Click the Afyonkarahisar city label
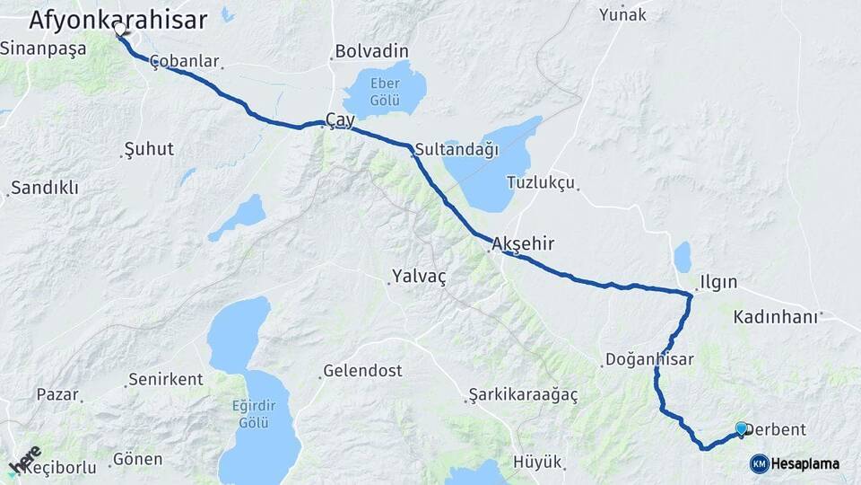pyautogui.click(x=117, y=19)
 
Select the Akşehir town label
pyautogui.click(x=524, y=243)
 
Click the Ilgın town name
pyautogui.click(x=719, y=282)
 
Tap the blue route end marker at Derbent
pyautogui.click(x=741, y=429)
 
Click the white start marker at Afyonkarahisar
pyautogui.click(x=119, y=29)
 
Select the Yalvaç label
pyautogui.click(x=419, y=277)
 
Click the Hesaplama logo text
pyautogui.click(x=805, y=463)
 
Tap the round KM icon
pyautogui.click(x=759, y=463)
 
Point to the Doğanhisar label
pyautogui.click(x=650, y=359)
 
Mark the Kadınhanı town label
pyautogui.click(x=776, y=317)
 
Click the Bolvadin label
pyautogui.click(x=371, y=51)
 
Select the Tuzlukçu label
pyautogui.click(x=540, y=182)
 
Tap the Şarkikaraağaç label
pyautogui.click(x=523, y=394)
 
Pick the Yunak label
pyautogui.click(x=622, y=14)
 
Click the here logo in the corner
pyautogui.click(x=24, y=459)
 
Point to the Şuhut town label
pyautogui.click(x=149, y=149)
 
